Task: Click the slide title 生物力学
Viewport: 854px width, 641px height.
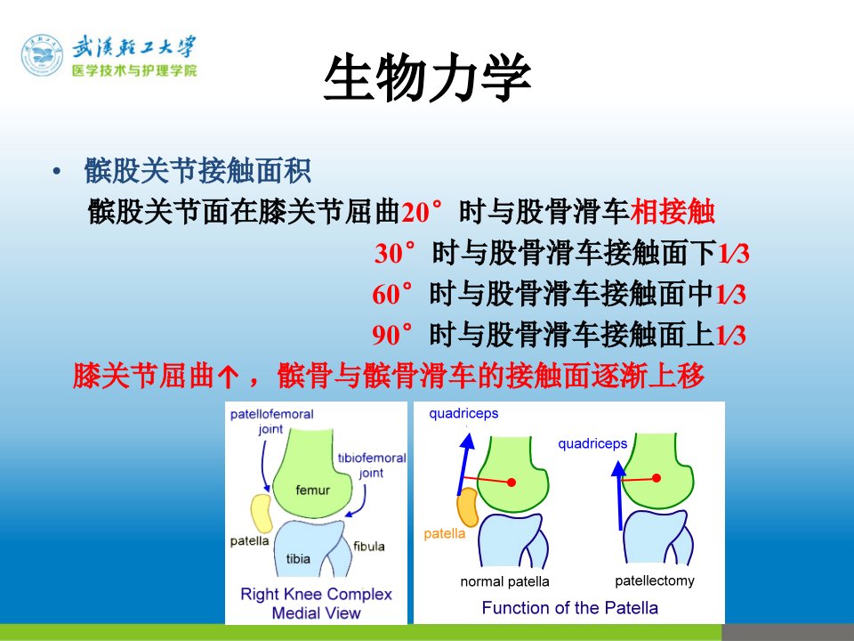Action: (x=428, y=77)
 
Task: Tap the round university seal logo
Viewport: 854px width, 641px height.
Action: (x=43, y=55)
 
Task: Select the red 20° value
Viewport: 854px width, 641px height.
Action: (x=422, y=212)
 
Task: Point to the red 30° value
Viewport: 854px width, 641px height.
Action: (x=395, y=252)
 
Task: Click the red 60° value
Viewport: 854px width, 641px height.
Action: (x=392, y=293)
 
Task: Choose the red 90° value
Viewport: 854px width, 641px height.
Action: (x=392, y=334)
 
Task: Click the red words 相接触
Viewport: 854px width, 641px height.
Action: (x=673, y=212)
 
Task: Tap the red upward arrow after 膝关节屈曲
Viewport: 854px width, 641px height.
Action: (x=228, y=376)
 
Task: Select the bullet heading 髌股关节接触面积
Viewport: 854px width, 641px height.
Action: (x=197, y=171)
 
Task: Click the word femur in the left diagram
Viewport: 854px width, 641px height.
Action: (x=312, y=490)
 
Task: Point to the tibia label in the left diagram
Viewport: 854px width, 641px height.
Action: (x=298, y=559)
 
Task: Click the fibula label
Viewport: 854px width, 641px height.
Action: (x=368, y=546)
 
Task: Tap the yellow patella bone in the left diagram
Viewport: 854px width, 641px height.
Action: (x=262, y=513)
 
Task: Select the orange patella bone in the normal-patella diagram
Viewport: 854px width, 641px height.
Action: (x=467, y=507)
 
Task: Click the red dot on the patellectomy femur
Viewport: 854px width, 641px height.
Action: (x=657, y=478)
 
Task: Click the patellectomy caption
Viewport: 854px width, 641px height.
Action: (x=655, y=581)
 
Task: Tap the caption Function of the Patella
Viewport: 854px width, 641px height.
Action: (x=569, y=607)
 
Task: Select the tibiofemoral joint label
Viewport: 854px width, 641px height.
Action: (x=372, y=465)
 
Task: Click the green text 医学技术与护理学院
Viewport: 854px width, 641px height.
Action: (x=134, y=70)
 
